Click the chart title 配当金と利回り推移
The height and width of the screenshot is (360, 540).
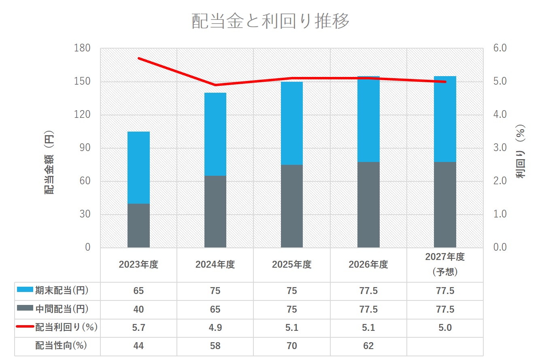coord(270,21)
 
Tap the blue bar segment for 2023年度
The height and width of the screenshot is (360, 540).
coord(138,168)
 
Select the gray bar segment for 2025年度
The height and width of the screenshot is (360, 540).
coord(292,206)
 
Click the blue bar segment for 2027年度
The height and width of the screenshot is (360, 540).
coord(445,119)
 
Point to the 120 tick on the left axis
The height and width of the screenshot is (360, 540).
coord(82,114)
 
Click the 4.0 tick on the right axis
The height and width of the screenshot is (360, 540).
coord(500,114)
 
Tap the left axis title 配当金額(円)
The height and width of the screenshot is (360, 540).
coord(49,162)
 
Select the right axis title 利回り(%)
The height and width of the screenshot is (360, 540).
coord(520,151)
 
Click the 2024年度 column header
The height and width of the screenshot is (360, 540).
coord(215,264)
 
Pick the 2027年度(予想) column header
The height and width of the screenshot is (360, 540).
coord(445,264)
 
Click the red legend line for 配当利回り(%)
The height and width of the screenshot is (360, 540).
coord(25,326)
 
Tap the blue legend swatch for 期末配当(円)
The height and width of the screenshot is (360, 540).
coord(25,290)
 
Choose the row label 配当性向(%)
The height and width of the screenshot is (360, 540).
coord(61,345)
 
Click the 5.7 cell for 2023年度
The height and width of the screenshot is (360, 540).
coord(138,328)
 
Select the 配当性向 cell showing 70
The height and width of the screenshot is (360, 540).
coord(292,346)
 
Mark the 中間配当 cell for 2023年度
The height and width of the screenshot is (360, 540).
coord(138,309)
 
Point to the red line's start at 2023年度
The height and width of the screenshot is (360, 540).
coord(138,58)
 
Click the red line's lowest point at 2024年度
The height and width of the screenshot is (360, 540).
coord(215,85)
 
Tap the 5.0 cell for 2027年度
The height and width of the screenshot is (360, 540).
coord(445,328)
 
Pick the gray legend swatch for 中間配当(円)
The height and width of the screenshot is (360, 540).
coord(25,308)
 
